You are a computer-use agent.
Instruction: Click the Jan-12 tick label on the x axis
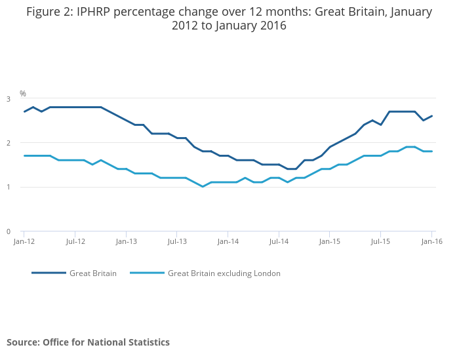[24, 241]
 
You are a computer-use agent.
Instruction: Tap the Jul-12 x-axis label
[75, 241]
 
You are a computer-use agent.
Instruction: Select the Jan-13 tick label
[126, 241]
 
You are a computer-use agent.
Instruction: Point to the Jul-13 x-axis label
[177, 241]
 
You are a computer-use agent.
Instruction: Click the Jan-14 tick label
[228, 241]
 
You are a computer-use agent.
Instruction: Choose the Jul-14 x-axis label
[279, 241]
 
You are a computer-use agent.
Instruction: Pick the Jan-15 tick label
[330, 241]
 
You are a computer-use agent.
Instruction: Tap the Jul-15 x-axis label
[381, 241]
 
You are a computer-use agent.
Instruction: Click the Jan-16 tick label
[431, 241]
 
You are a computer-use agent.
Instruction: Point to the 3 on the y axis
[9, 99]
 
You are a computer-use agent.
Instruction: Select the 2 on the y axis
[9, 143]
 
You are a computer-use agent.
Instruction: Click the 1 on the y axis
[9, 188]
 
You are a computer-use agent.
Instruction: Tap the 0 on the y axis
[9, 231]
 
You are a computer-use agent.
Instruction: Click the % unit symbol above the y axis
[23, 94]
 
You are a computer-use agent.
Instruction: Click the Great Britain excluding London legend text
[224, 273]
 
